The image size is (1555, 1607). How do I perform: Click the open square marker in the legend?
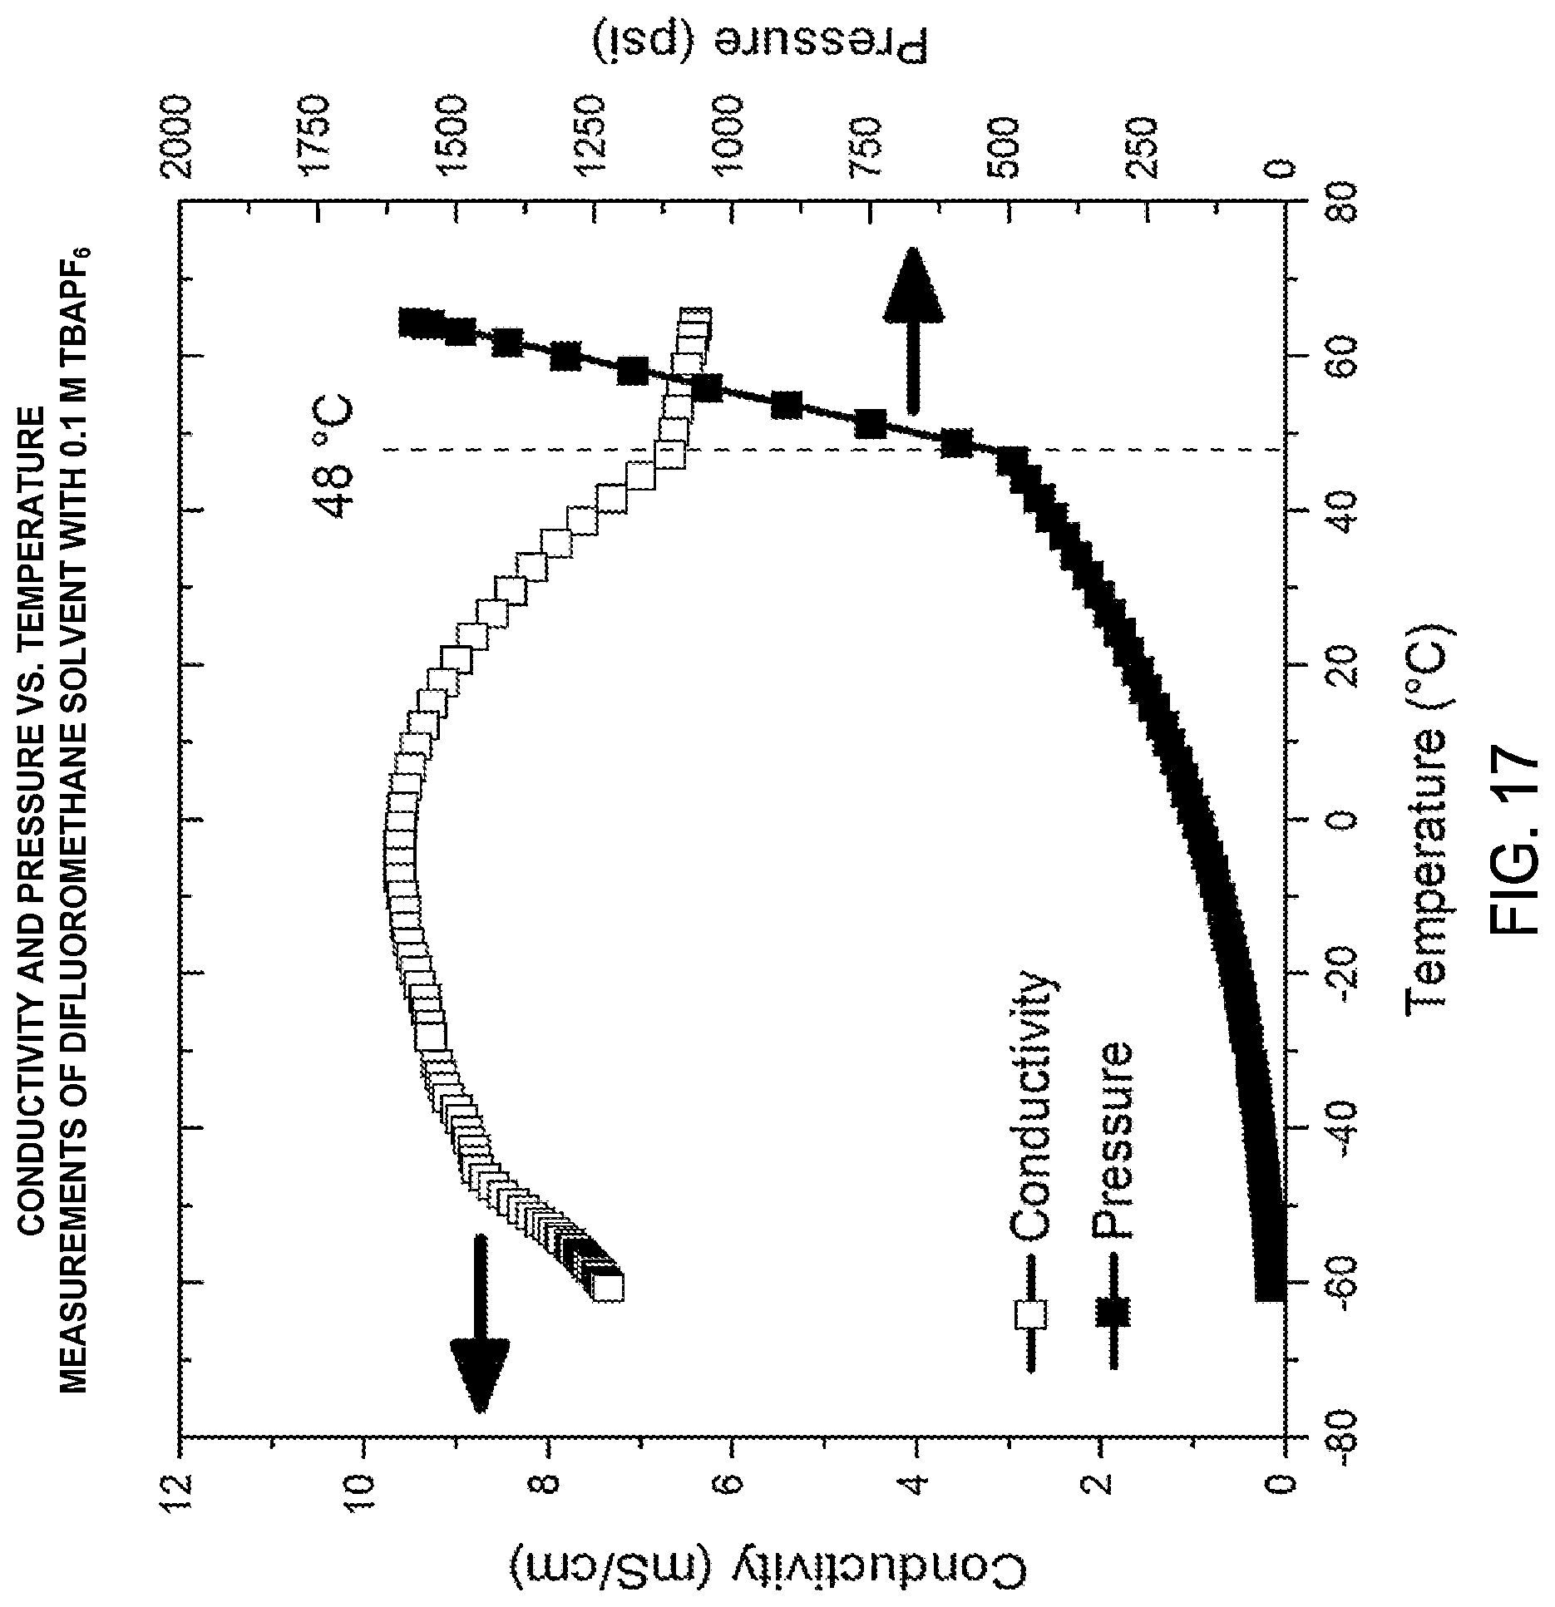click(1030, 1314)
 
